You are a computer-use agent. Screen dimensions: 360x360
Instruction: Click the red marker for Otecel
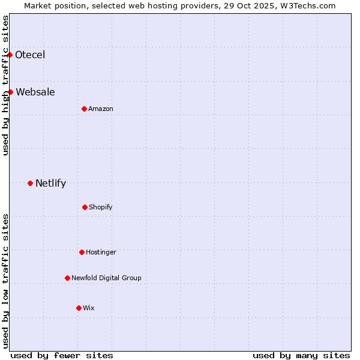tap(10, 55)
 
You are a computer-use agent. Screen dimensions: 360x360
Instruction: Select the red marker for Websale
tap(11, 92)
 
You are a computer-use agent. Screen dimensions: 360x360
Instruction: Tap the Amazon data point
tap(84, 109)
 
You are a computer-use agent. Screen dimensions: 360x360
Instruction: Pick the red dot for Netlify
tap(30, 183)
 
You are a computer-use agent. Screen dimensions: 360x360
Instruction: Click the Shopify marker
tap(85, 207)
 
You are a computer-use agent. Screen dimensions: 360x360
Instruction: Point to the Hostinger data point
tap(82, 252)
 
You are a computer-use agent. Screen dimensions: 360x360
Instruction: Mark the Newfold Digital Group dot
tap(67, 278)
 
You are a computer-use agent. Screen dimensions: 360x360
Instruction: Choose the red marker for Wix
tap(79, 308)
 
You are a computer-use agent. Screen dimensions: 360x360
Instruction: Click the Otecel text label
tap(30, 55)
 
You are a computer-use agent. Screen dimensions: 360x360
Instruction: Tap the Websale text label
tap(35, 92)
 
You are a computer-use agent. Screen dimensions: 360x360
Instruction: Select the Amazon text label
tap(101, 109)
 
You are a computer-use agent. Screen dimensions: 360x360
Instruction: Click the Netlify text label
tap(50, 183)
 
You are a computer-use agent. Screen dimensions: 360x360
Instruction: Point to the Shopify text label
tap(101, 207)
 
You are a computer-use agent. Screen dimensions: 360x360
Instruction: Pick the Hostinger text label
tap(101, 252)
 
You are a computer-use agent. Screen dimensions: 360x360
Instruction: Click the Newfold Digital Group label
tap(106, 278)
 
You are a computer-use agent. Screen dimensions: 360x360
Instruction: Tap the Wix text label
tap(89, 308)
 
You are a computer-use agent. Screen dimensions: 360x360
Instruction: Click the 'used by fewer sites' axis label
tap(62, 355)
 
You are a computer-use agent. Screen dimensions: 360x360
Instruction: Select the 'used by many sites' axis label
tap(301, 355)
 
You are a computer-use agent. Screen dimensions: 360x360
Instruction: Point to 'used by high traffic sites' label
tap(5, 85)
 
